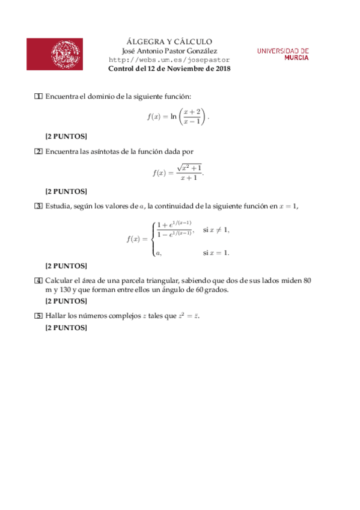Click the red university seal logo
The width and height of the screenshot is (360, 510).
pos(55,54)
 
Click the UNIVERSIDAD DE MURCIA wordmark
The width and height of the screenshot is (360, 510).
pos(283,55)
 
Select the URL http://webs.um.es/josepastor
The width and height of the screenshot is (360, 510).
pos(169,60)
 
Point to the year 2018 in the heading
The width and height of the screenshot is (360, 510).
pos(222,69)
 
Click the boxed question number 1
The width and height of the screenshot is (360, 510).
pos(38,97)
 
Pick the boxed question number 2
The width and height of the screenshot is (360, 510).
pos(38,152)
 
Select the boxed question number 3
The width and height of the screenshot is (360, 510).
pos(38,207)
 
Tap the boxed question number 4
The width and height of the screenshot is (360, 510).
pos(38,281)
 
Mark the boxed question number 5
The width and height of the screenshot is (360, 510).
pos(38,315)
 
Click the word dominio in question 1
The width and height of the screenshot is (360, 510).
pos(103,97)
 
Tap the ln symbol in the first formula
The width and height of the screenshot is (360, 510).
pos(173,117)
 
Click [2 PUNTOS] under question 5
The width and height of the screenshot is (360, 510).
pos(66,328)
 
